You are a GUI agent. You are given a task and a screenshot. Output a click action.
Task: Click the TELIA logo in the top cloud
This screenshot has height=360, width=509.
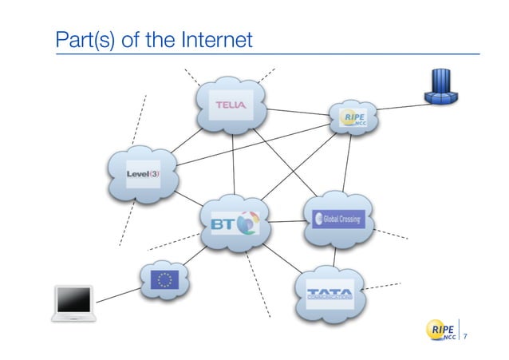click(x=232, y=105)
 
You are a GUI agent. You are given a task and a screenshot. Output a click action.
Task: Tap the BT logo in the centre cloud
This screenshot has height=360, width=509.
click(x=235, y=223)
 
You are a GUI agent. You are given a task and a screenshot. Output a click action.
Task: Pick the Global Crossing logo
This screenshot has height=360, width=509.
click(x=339, y=218)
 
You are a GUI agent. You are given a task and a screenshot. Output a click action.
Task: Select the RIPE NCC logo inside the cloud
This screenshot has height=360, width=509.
click(x=353, y=119)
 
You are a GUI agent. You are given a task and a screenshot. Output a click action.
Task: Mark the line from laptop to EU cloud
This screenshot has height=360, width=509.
click(x=120, y=293)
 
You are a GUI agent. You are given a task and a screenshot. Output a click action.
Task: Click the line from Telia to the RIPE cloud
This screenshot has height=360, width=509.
click(x=299, y=112)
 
